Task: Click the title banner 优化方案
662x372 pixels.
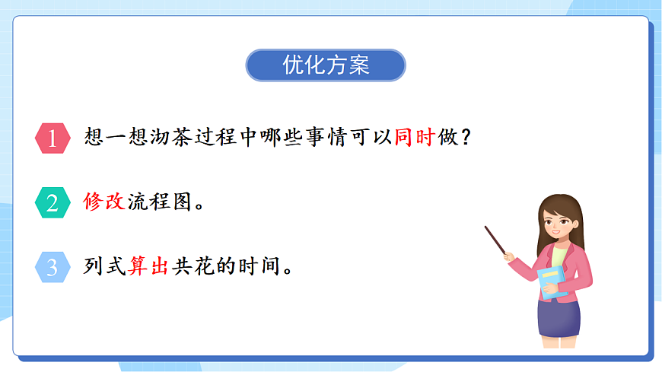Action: tap(325, 65)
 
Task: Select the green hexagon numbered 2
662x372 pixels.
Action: tap(53, 203)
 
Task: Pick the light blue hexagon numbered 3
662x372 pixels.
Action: tap(53, 267)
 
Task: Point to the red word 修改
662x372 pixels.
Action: tap(103, 203)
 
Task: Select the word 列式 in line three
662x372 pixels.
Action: tap(103, 267)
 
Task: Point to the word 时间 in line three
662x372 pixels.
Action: tap(257, 267)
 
